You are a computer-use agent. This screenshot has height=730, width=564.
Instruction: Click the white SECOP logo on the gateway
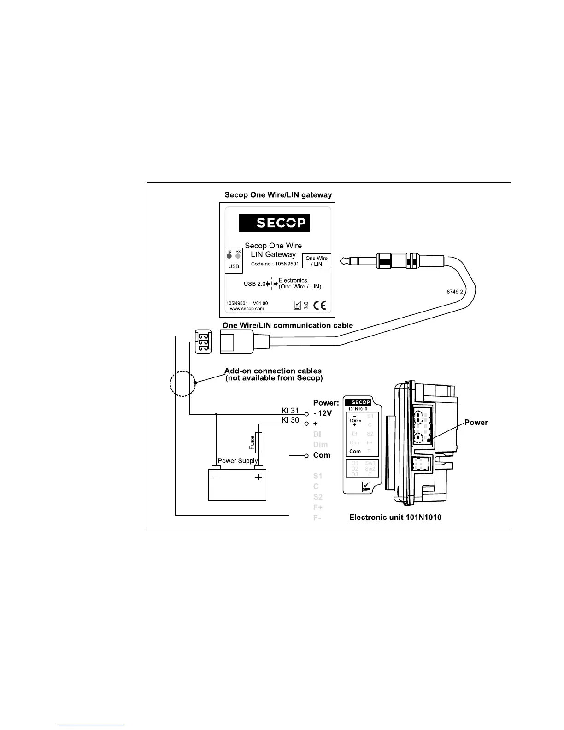[x=275, y=223]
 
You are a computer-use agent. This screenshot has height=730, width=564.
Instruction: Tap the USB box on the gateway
[x=234, y=266]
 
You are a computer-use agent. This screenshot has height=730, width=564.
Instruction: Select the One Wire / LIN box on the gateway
[x=317, y=261]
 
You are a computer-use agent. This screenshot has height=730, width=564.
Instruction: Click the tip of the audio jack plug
[x=342, y=261]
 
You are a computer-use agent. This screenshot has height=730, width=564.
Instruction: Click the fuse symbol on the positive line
[x=259, y=442]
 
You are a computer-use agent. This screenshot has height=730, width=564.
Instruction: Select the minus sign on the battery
[x=216, y=477]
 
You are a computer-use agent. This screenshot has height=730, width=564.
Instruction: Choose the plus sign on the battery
[x=258, y=477]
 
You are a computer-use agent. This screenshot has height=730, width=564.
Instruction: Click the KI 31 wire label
[x=290, y=411]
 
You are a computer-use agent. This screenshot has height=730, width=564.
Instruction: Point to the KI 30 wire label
[x=290, y=420]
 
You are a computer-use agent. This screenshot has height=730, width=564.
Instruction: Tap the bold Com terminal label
[x=322, y=455]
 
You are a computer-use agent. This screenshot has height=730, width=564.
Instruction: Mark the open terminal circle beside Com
[x=306, y=456]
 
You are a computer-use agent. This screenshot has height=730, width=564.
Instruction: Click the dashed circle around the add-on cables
[x=183, y=383]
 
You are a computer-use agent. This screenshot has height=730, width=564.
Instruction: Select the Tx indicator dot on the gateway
[x=229, y=256]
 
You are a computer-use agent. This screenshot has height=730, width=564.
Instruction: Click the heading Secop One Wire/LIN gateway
[x=278, y=195]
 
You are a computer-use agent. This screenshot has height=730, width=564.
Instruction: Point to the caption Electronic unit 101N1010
[x=395, y=518]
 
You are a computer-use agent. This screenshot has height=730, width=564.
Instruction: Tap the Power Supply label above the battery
[x=237, y=461]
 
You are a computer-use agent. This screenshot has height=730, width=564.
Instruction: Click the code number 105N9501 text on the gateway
[x=275, y=265]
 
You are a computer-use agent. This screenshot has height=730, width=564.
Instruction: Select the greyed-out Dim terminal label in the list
[x=320, y=445]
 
